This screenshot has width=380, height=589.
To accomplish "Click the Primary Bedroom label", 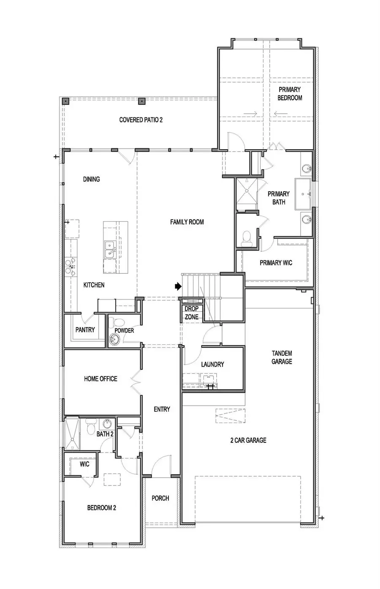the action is pyautogui.click(x=290, y=94).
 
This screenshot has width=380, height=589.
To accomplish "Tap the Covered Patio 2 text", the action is pyautogui.click(x=141, y=120).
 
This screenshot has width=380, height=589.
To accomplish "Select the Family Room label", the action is pyautogui.click(x=187, y=222).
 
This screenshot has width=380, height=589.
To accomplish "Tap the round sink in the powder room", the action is pyautogui.click(x=114, y=339).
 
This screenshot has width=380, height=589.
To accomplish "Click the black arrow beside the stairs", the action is pyautogui.click(x=178, y=286).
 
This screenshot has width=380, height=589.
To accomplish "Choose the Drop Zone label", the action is pyautogui.click(x=192, y=313).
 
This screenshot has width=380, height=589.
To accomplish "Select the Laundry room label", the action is pyautogui.click(x=213, y=365).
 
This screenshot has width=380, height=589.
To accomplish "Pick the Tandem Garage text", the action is pyautogui.click(x=282, y=357).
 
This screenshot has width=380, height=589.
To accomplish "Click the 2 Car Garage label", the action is pyautogui.click(x=248, y=440).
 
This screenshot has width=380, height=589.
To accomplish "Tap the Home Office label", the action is pyautogui.click(x=100, y=379).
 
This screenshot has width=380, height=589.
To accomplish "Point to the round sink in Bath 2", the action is pyautogui.click(x=107, y=424).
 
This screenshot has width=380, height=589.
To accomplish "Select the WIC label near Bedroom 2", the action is pyautogui.click(x=84, y=464).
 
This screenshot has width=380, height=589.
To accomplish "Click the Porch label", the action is pyautogui.click(x=160, y=498).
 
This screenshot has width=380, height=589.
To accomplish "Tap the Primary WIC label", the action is pyautogui.click(x=276, y=263).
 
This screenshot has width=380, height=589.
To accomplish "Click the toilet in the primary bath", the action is pyautogui.click(x=247, y=239).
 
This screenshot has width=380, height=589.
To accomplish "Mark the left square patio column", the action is pyautogui.click(x=65, y=101).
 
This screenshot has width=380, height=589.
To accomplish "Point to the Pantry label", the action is pyautogui.click(x=85, y=330).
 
